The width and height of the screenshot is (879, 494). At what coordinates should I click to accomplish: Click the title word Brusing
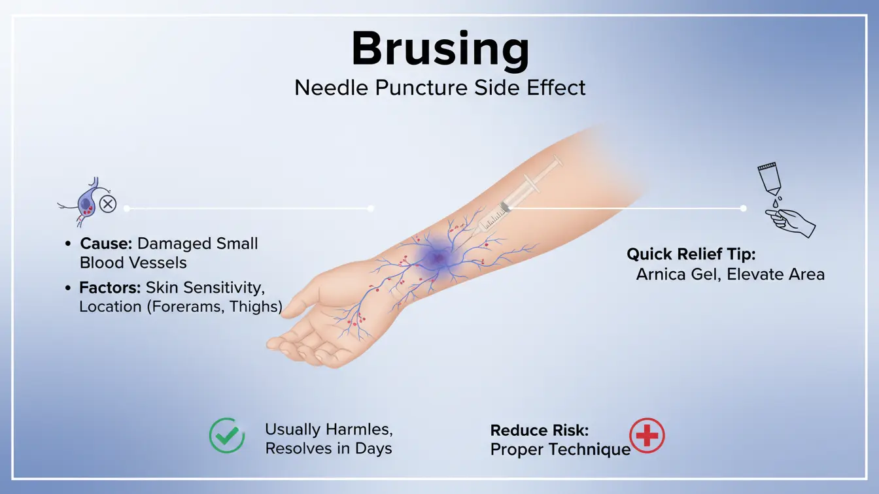click(439, 48)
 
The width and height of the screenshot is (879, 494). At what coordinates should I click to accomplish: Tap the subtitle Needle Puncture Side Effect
click(439, 88)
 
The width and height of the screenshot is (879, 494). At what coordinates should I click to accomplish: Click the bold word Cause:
click(106, 244)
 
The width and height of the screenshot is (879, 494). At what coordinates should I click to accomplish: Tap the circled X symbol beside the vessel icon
click(108, 205)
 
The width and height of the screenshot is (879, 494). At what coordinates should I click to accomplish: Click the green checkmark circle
click(226, 436)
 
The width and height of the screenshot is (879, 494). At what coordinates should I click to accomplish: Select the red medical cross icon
click(646, 436)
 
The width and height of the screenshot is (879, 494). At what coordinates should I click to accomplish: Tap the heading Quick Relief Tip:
click(691, 254)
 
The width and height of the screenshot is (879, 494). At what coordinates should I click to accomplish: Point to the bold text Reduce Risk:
click(540, 430)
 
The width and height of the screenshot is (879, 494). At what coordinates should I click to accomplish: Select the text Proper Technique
click(560, 450)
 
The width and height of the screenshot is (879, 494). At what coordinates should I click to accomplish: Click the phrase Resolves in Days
click(328, 448)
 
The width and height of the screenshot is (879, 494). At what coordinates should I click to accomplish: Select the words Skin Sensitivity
click(205, 288)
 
